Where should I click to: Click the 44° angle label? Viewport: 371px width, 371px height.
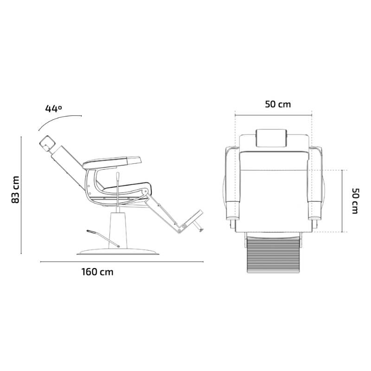[53, 109]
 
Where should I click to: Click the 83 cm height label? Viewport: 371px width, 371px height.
[15, 190]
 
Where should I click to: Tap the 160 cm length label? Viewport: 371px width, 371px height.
[97, 272]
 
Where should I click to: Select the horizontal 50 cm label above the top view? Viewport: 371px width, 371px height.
[278, 104]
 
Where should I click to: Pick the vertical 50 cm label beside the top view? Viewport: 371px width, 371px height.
[355, 201]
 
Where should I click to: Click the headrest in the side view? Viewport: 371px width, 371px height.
[47, 143]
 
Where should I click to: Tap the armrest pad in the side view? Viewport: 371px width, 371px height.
[112, 161]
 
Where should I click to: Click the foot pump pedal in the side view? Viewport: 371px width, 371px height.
[103, 238]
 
